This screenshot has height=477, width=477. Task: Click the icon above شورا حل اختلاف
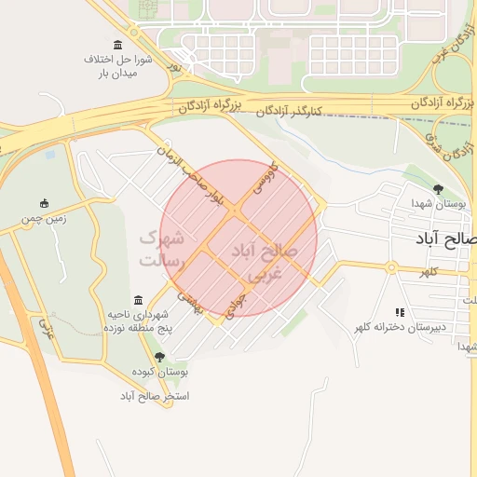pyautogui.click(x=116, y=46)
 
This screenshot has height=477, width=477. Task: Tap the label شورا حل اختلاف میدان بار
pyautogui.click(x=112, y=65)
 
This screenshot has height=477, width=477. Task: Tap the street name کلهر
pyautogui.click(x=429, y=272)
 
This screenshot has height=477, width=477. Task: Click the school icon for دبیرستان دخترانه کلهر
pyautogui.click(x=400, y=312)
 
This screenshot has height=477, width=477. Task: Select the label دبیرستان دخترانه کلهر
pyautogui.click(x=400, y=327)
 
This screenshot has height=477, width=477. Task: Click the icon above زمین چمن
pyautogui.click(x=44, y=203)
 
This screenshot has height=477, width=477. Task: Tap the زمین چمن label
pyautogui.click(x=44, y=220)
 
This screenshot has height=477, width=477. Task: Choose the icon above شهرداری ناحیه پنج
pyautogui.click(x=139, y=300)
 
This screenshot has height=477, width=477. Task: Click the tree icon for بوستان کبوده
pyautogui.click(x=159, y=357)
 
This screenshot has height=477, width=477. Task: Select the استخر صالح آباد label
pyautogui.click(x=154, y=395)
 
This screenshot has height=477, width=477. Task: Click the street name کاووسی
pyautogui.click(x=264, y=180)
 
